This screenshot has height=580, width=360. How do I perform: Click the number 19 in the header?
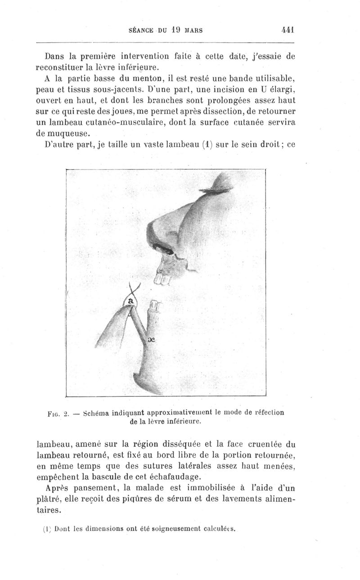pos(175,31)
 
